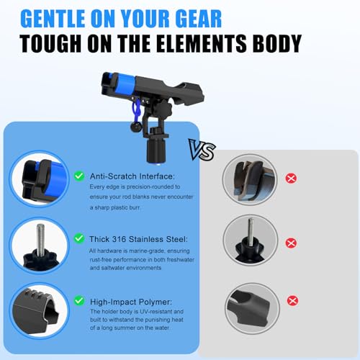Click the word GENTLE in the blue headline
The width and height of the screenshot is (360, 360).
click(53, 19)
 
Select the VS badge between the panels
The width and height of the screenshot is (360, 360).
click(202, 150)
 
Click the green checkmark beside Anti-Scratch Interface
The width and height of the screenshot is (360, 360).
click(79, 176)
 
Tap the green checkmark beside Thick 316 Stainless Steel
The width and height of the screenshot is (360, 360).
click(79, 238)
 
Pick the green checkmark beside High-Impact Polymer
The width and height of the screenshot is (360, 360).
click(79, 301)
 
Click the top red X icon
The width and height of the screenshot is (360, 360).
click(291, 179)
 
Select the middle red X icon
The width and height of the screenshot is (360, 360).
click(291, 243)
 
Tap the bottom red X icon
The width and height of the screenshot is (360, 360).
click(292, 301)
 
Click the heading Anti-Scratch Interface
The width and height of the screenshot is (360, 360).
click(132, 176)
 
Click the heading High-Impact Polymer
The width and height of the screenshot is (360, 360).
click(131, 302)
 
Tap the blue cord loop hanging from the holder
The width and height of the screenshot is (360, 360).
click(138, 110)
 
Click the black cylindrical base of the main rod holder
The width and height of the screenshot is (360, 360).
click(156, 150)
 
